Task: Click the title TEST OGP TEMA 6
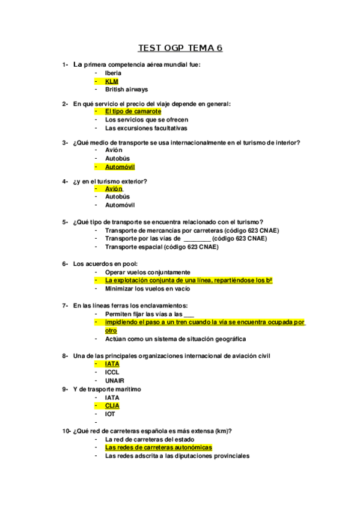[180, 48]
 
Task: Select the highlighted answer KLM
[112, 81]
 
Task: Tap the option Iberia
[113, 73]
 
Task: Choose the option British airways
[126, 90]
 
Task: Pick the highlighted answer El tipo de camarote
[133, 111]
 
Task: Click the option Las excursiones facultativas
[146, 128]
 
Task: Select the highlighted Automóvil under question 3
[120, 167]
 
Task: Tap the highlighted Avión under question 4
[114, 188]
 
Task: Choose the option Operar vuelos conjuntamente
[147, 272]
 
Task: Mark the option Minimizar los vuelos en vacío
[151, 289]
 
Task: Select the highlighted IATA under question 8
[112, 364]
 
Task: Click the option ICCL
[112, 372]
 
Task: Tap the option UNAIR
[114, 381]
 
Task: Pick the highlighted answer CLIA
[112, 406]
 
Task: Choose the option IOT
[110, 414]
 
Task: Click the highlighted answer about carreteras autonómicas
[158, 447]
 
